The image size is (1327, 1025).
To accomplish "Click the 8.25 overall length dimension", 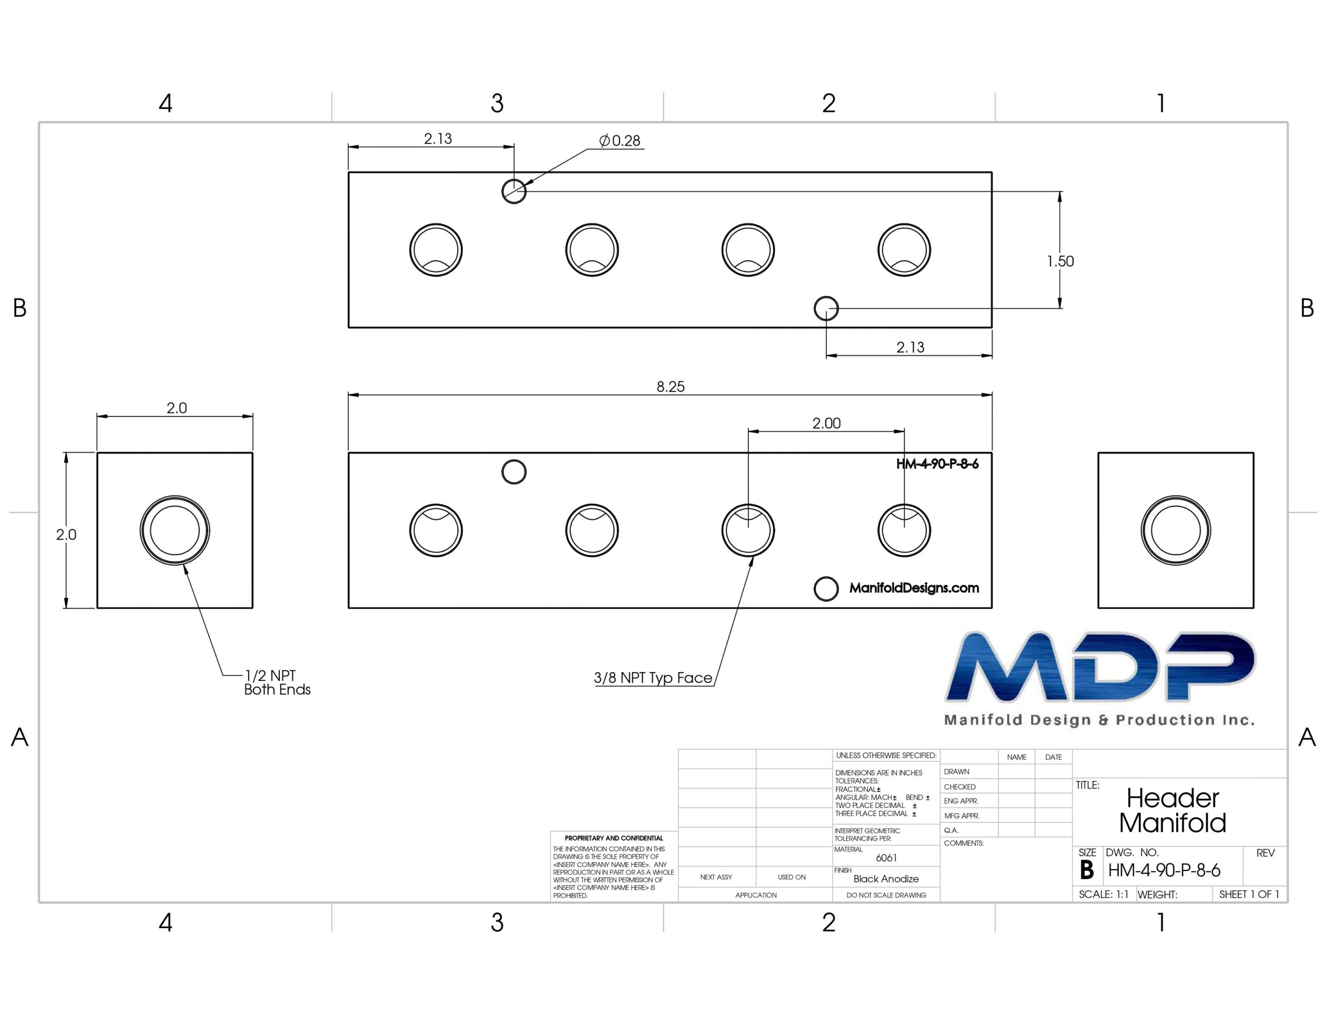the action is click(670, 387).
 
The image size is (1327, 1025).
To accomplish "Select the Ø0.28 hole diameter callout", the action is click(620, 140).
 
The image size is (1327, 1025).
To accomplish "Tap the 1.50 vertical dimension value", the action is click(1060, 261).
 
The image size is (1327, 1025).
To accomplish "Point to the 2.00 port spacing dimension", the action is click(826, 423).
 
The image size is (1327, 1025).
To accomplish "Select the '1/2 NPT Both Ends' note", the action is click(277, 682).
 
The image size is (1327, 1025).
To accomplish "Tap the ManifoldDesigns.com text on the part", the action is click(914, 588).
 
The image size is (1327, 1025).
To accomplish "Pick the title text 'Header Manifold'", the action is click(1173, 810).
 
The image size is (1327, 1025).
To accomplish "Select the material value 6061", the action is click(886, 858).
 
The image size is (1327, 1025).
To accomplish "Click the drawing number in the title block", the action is click(1164, 871).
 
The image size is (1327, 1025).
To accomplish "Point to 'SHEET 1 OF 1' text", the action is click(1249, 894).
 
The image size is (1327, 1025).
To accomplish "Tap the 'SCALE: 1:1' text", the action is click(1104, 894).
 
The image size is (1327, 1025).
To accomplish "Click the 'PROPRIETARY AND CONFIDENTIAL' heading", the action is click(614, 838).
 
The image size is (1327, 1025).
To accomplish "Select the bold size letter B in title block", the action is click(1087, 871).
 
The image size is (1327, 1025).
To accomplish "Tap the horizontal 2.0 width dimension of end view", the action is click(177, 408).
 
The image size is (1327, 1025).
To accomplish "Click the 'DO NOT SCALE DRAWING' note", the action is click(886, 895).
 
